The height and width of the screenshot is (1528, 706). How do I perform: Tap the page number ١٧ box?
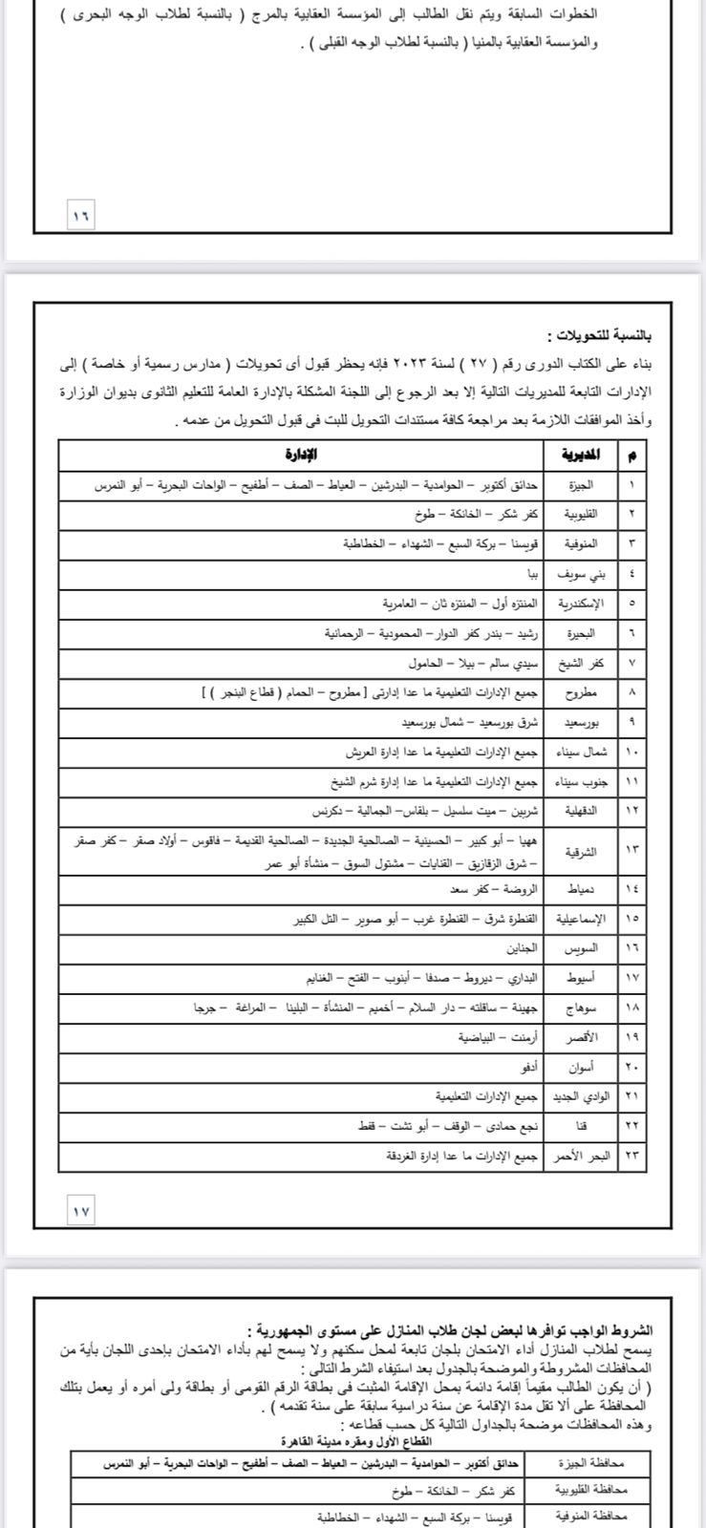tap(80, 1210)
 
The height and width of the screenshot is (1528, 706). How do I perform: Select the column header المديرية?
tap(581, 455)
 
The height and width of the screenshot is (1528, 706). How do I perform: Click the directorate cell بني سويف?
tap(581, 574)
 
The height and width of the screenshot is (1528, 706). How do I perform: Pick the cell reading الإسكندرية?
tap(581, 604)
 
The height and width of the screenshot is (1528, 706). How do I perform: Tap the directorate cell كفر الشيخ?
tap(581, 663)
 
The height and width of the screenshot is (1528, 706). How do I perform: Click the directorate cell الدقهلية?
tap(581, 810)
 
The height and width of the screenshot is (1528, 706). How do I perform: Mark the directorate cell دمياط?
tap(581, 889)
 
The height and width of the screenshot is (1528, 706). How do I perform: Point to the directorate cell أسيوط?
tap(581, 978)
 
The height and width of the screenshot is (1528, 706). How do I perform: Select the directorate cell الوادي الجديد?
tap(581, 1096)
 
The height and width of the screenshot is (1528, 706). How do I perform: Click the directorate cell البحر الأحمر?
tap(581, 1156)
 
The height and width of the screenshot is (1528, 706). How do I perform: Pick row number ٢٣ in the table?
tap(631, 1156)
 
